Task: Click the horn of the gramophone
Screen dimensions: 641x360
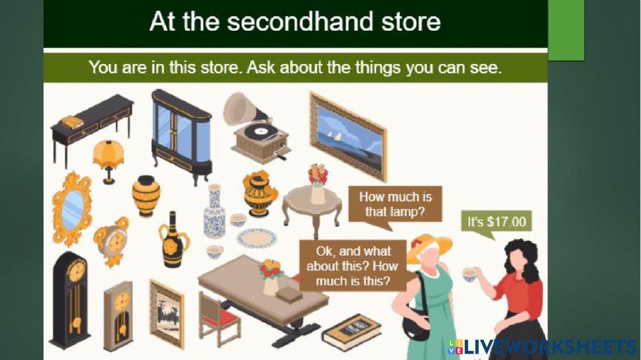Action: [241, 109]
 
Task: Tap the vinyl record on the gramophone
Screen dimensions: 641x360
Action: [261, 131]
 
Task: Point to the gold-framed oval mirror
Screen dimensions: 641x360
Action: [72, 208]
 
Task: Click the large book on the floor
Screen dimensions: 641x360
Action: [352, 331]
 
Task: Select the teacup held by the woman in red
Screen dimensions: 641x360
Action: [470, 275]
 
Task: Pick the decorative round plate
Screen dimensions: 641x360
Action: [256, 238]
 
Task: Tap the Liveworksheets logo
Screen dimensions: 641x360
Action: [542, 347]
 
